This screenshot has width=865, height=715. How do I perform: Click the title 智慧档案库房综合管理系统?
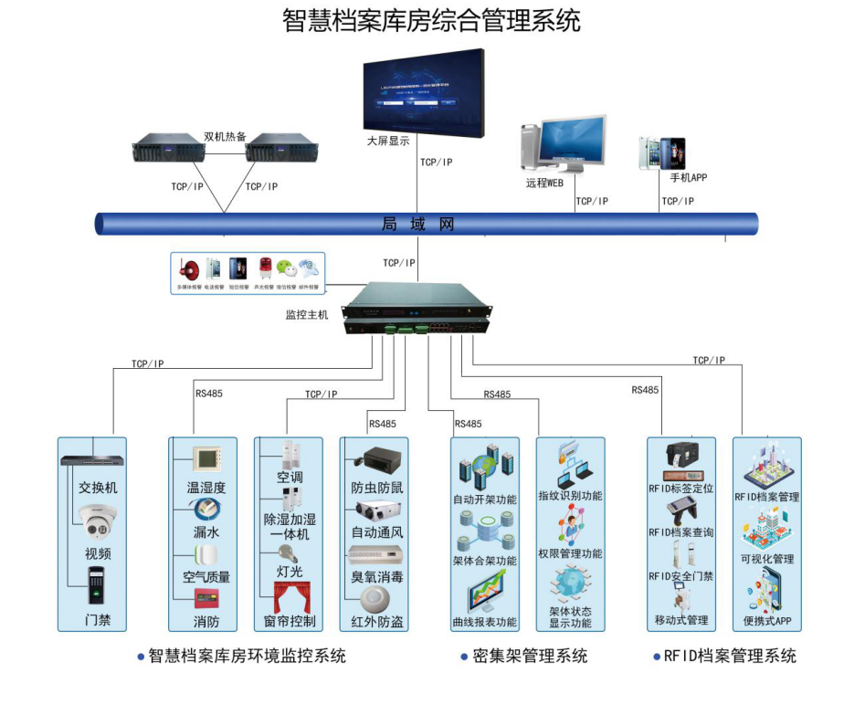click(431, 20)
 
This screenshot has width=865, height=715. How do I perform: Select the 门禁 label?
click(98, 620)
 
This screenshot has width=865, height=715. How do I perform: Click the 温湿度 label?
click(206, 488)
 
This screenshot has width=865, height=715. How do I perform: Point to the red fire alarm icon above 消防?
click(206, 599)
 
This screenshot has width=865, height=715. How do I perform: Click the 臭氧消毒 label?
click(377, 577)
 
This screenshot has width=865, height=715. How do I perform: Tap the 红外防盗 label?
click(377, 622)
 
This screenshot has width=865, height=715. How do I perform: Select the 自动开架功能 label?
click(484, 499)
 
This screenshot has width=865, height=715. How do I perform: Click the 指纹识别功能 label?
click(570, 496)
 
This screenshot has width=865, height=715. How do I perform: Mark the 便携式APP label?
click(767, 621)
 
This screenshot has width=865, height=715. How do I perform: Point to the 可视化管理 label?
click(767, 559)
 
